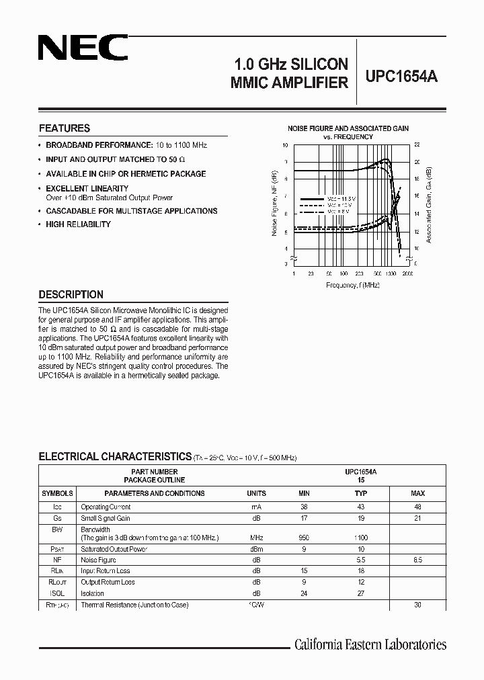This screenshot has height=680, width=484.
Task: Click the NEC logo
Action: (x=82, y=49)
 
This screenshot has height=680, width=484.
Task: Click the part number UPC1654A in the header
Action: (x=401, y=77)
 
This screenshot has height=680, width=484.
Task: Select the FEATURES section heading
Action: (x=65, y=128)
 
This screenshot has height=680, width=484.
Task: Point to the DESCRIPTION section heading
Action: (x=71, y=294)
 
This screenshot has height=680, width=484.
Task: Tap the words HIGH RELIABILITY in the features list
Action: (x=78, y=224)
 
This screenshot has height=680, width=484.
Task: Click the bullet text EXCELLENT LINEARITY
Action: (x=87, y=189)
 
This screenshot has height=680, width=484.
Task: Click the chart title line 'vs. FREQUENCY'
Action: (x=348, y=136)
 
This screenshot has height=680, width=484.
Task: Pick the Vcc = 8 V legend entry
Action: (x=337, y=212)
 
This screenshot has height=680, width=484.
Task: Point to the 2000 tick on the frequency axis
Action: (x=407, y=274)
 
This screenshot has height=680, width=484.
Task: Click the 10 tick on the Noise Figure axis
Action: (x=285, y=145)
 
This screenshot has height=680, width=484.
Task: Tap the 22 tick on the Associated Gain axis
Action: (x=417, y=145)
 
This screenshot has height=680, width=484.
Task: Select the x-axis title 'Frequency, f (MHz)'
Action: (x=352, y=285)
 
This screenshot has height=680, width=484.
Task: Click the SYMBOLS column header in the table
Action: (x=57, y=493)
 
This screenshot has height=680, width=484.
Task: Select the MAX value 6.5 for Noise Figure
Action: (x=417, y=560)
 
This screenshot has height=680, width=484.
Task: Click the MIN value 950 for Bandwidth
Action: (x=304, y=538)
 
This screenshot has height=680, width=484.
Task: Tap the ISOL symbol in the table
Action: (x=57, y=593)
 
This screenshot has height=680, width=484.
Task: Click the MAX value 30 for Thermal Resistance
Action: (x=417, y=605)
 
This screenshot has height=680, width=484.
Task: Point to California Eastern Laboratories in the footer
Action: (x=370, y=644)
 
